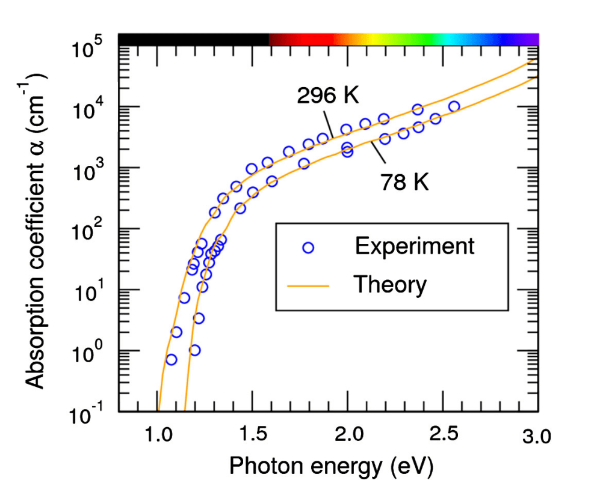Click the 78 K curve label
404,182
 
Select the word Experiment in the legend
415,246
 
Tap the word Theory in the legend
390,284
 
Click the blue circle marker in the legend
309,247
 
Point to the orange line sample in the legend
309,286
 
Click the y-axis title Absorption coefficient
37,228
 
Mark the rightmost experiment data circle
454,106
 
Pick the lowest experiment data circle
172,360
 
